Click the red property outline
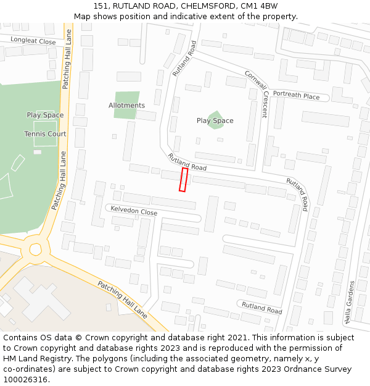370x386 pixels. pos(183,179)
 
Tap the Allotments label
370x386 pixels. pos(126,106)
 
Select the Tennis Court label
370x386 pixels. pos(45,134)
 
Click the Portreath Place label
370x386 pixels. pos(296,96)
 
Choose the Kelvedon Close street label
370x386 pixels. pos(134,211)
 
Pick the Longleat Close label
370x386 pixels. pos(33,41)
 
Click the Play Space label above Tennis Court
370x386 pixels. pos(45,115)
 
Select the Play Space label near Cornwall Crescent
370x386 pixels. pos(215,120)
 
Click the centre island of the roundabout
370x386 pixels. pos(35,250)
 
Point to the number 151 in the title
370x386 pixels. pos(101,6)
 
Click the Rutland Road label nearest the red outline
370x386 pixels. pos(187,162)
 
